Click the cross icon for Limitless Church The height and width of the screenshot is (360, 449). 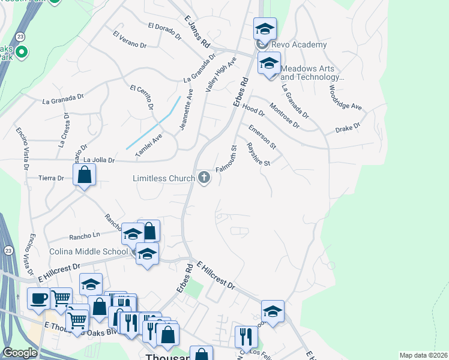click(204, 178)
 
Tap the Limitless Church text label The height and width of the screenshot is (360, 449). click(164, 178)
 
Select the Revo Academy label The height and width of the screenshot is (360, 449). click(299, 44)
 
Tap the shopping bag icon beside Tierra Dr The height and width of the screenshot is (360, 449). click(85, 175)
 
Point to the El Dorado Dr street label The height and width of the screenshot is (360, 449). click(164, 31)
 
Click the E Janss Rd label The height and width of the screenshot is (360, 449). click(196, 34)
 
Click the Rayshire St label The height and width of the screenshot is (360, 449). click(259, 154)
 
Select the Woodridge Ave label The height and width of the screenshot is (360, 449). click(345, 97)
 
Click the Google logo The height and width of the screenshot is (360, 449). click(20, 353)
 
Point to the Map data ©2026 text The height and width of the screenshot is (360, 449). click(423, 355)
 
